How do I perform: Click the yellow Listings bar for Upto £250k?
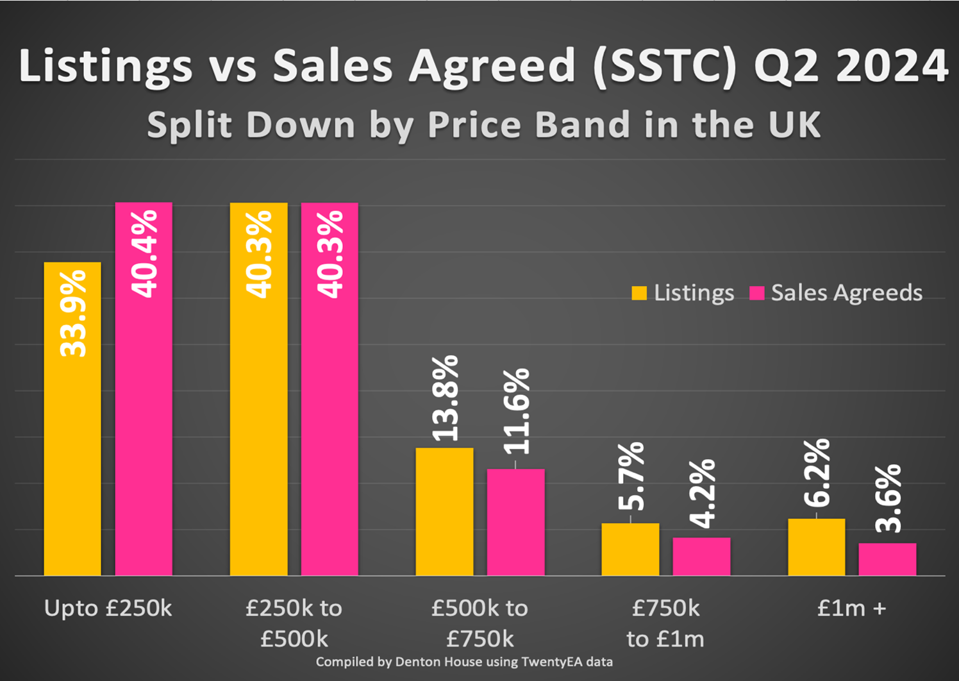(x=72, y=449)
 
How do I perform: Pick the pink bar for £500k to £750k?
(x=515, y=522)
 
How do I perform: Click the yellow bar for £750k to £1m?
(x=630, y=550)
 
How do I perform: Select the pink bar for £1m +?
(x=887, y=559)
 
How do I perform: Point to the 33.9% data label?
(x=73, y=314)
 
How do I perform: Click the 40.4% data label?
(x=144, y=254)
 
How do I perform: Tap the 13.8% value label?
(x=445, y=398)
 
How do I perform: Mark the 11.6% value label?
(x=516, y=412)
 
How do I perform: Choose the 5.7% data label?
(x=631, y=476)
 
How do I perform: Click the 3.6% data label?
(x=888, y=499)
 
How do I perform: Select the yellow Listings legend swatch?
(x=639, y=293)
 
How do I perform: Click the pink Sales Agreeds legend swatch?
(x=757, y=293)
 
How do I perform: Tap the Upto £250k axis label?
(x=108, y=608)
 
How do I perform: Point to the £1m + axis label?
(x=851, y=608)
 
